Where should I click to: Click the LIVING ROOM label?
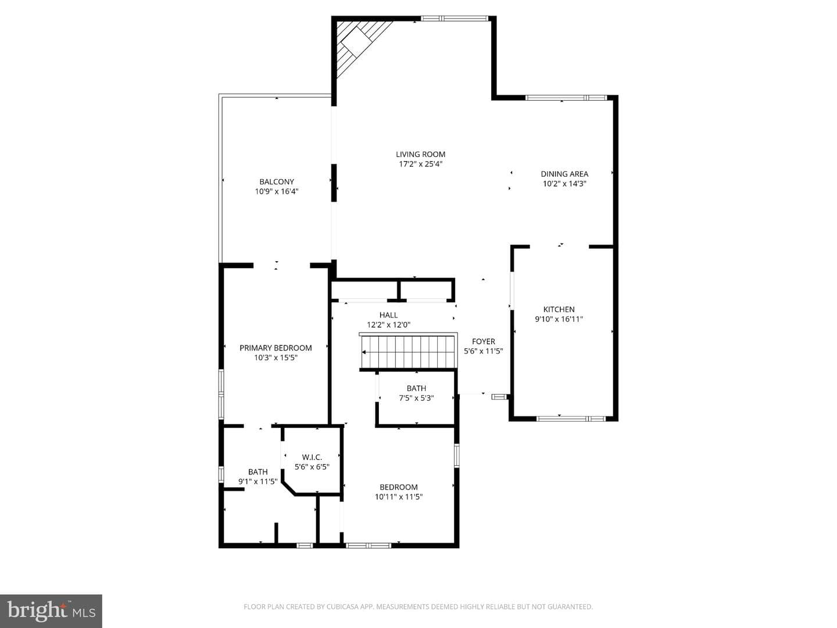[420, 155]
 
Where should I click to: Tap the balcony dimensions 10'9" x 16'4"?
[277, 191]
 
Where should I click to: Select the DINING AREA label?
[564, 174]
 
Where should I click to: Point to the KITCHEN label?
[559, 309]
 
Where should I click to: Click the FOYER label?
[484, 341]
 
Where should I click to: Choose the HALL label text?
[388, 315]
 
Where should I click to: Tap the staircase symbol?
[409, 351]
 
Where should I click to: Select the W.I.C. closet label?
[312, 457]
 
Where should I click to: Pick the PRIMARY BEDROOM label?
[276, 348]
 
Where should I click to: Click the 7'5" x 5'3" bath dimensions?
[416, 398]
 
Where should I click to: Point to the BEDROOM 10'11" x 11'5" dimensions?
[399, 497]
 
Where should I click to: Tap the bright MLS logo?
[51, 611]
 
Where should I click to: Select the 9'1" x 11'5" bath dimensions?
[257, 481]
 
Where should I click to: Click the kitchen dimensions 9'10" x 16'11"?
[559, 319]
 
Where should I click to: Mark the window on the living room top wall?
[455, 18]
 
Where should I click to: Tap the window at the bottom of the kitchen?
[571, 419]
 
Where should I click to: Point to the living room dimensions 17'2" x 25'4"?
[420, 165]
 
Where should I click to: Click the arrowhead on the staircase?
[364, 352]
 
